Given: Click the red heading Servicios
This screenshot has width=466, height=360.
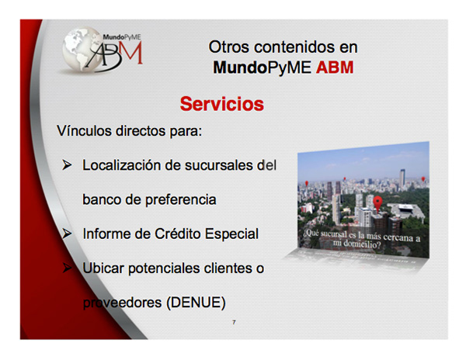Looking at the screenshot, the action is (221, 104).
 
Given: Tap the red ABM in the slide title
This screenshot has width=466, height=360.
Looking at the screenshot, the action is (335, 67).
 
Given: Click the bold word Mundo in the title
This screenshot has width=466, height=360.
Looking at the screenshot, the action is (240, 67).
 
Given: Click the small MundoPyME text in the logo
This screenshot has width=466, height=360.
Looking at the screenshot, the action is (122, 37).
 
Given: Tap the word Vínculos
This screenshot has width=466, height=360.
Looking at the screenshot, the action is (84, 130).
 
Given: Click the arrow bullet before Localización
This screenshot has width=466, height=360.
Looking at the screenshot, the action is (67, 164).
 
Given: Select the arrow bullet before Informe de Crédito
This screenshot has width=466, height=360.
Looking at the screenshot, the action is (67, 234).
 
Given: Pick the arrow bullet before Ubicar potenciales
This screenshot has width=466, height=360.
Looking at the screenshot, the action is (67, 268).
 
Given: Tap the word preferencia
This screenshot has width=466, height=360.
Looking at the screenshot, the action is (181, 199).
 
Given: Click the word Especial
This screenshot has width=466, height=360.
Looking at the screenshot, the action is (231, 234).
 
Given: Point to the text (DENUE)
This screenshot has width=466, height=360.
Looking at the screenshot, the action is (196, 303).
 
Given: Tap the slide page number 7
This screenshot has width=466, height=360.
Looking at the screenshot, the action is (234, 322).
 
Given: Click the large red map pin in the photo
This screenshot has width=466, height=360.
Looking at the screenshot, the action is (377, 203).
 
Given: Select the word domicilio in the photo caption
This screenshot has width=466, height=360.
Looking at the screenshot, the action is (361, 244).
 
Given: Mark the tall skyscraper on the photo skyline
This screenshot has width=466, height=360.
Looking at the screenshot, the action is (402, 178).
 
